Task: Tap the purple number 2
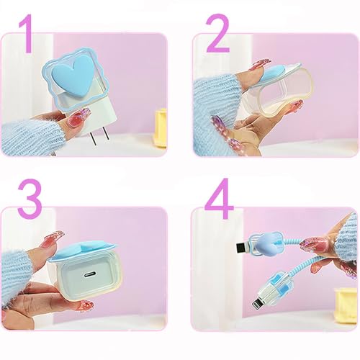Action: point(218,33)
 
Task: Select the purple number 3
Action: point(30,198)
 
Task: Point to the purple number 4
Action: point(219,198)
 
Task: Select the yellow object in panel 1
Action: point(161,127)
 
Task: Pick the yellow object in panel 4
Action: point(346,303)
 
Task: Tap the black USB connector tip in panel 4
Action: point(242,249)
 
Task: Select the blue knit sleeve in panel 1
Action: point(31,137)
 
